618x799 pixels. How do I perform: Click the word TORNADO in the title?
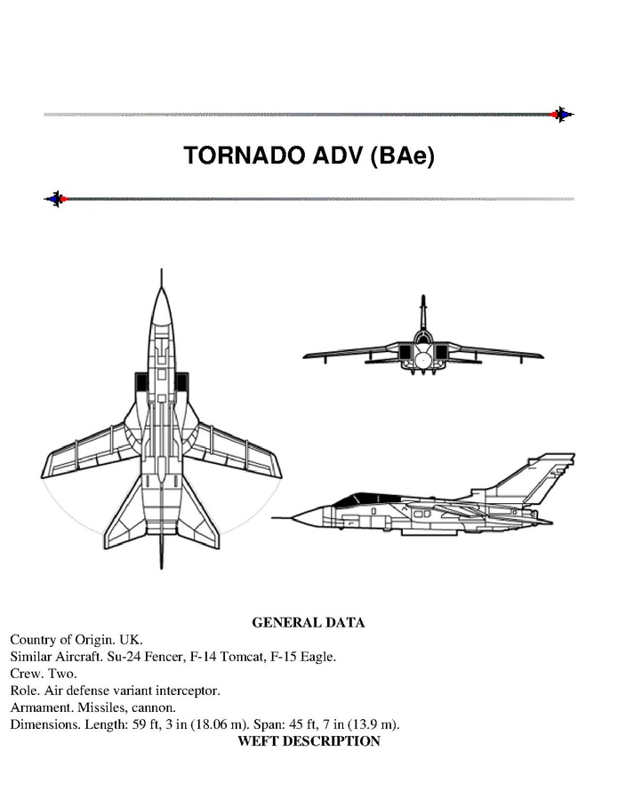point(245,156)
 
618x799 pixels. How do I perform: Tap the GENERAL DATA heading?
point(309,623)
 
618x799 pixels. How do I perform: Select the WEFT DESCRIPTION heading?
point(309,741)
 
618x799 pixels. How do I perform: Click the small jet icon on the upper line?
point(562,115)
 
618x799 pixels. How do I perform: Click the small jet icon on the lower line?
point(56,199)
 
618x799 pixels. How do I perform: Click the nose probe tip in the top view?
point(162,269)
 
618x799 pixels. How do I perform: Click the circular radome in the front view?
point(422,360)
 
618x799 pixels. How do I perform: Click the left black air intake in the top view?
point(140,381)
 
